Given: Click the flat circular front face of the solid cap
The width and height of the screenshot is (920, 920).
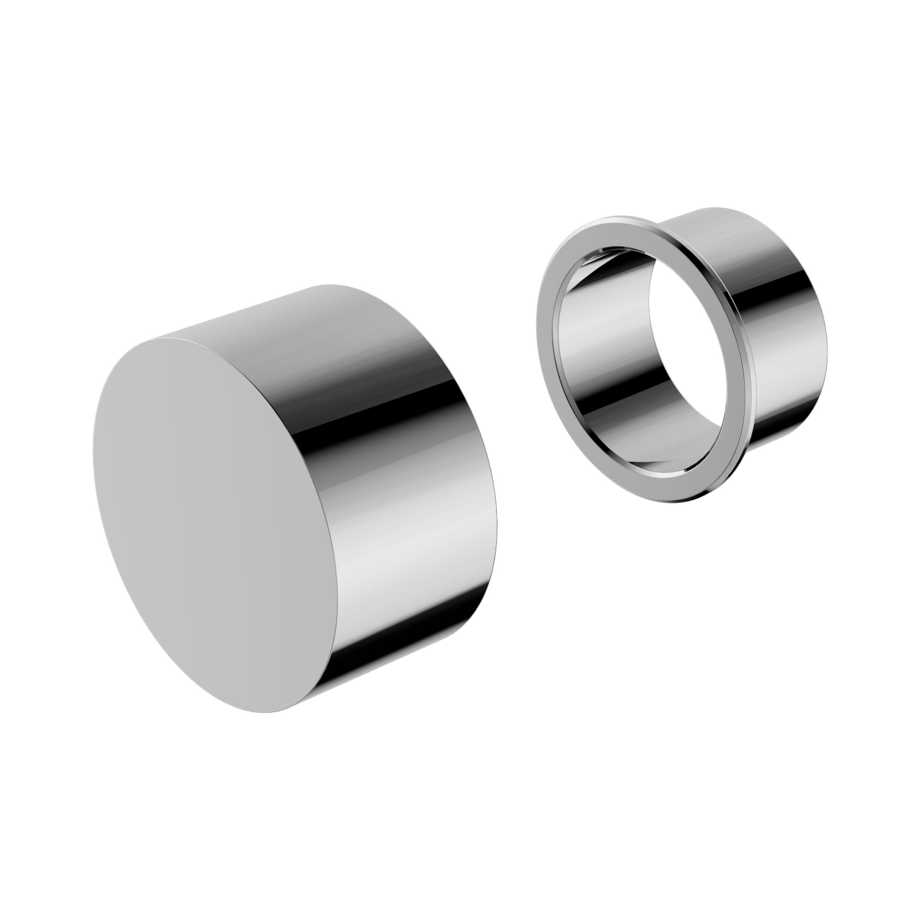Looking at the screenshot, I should (x=214, y=524).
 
